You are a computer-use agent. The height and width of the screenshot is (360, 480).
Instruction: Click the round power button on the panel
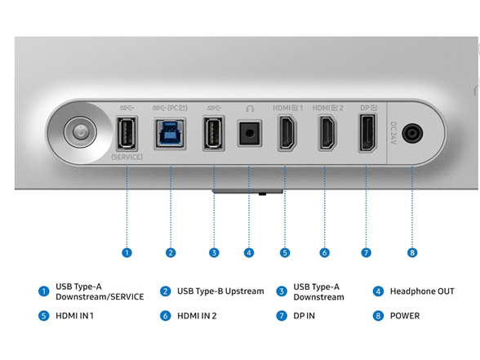coord(80,132)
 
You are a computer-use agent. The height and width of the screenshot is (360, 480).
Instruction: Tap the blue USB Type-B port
coord(170,134)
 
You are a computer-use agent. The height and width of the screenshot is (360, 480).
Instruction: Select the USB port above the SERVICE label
coord(127,134)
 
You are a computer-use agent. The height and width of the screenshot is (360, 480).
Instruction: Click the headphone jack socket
coord(250,134)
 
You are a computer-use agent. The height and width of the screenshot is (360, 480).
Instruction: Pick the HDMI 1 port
coord(287,133)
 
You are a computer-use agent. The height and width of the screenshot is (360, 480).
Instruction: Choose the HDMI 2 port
coord(327,133)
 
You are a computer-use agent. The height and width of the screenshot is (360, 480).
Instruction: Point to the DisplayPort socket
coord(367,133)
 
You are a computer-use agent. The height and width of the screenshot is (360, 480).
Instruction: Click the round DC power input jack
coord(412,134)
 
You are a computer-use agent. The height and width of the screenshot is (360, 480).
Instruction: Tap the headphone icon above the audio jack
coord(250,109)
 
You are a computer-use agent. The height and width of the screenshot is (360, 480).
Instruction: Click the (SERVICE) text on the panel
coord(127,157)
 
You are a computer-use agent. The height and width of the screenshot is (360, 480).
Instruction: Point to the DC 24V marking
coord(393,133)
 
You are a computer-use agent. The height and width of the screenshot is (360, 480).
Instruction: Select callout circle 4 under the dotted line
coord(249,253)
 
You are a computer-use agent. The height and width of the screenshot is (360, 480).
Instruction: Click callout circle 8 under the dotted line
coord(412,253)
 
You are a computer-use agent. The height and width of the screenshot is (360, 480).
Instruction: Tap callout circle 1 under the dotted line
coord(127,253)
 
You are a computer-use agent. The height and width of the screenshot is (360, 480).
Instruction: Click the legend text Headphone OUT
coord(422,291)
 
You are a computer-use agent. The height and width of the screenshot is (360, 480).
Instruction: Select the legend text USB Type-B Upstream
coord(220,291)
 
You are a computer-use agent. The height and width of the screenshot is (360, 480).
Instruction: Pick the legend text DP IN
coord(304,316)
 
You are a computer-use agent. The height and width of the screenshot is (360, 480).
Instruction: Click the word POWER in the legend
coord(405,316)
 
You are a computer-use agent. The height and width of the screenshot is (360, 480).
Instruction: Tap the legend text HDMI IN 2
coord(197,316)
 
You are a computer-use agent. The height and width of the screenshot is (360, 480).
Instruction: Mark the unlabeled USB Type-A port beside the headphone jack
coord(214,134)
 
